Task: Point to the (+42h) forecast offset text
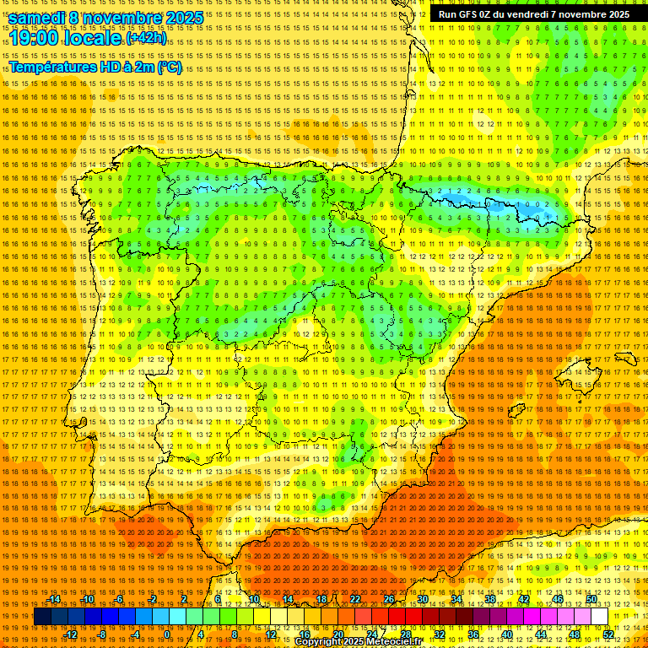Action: tap(146, 39)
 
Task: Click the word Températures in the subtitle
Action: tap(51, 67)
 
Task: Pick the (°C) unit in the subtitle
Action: tap(169, 67)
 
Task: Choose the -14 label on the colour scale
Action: tap(55, 599)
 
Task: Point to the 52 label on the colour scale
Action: tap(608, 634)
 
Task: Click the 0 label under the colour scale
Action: tap(166, 634)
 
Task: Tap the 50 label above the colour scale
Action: tap(591, 599)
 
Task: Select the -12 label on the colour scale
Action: tap(71, 634)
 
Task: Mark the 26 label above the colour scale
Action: tap(389, 599)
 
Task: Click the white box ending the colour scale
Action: tap(599, 617)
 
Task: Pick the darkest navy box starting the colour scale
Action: tap(42, 617)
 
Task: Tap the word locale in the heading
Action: tap(95, 39)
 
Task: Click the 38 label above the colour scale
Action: tap(490, 599)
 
